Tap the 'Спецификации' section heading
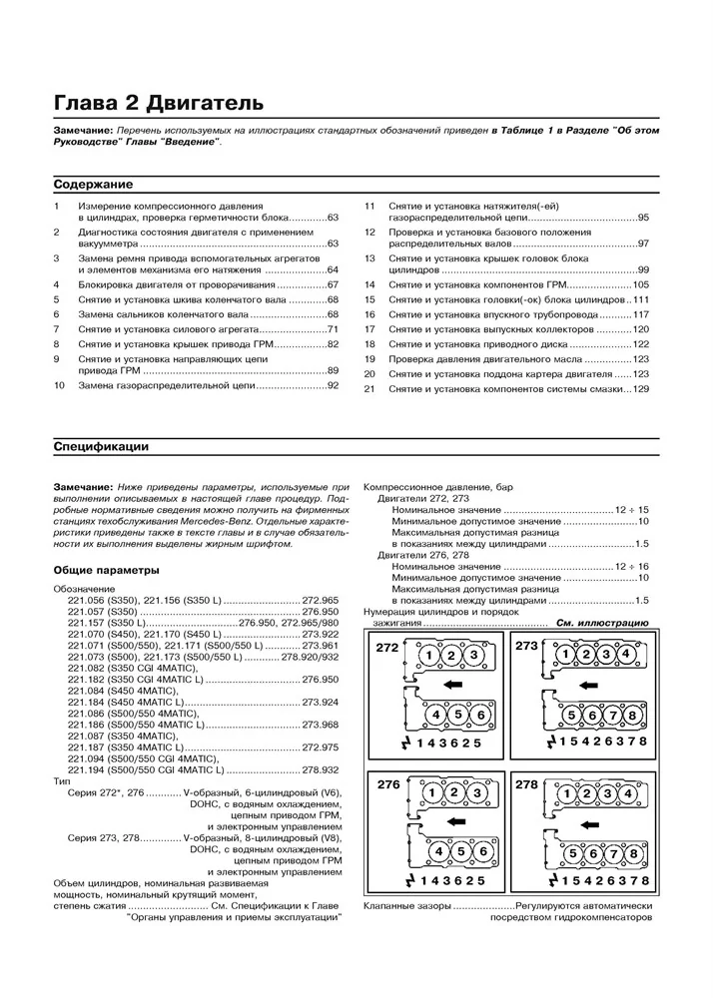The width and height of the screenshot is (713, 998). [x=101, y=446]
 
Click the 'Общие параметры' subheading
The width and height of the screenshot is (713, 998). [x=105, y=570]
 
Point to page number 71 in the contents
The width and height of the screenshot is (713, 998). [x=334, y=328]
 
